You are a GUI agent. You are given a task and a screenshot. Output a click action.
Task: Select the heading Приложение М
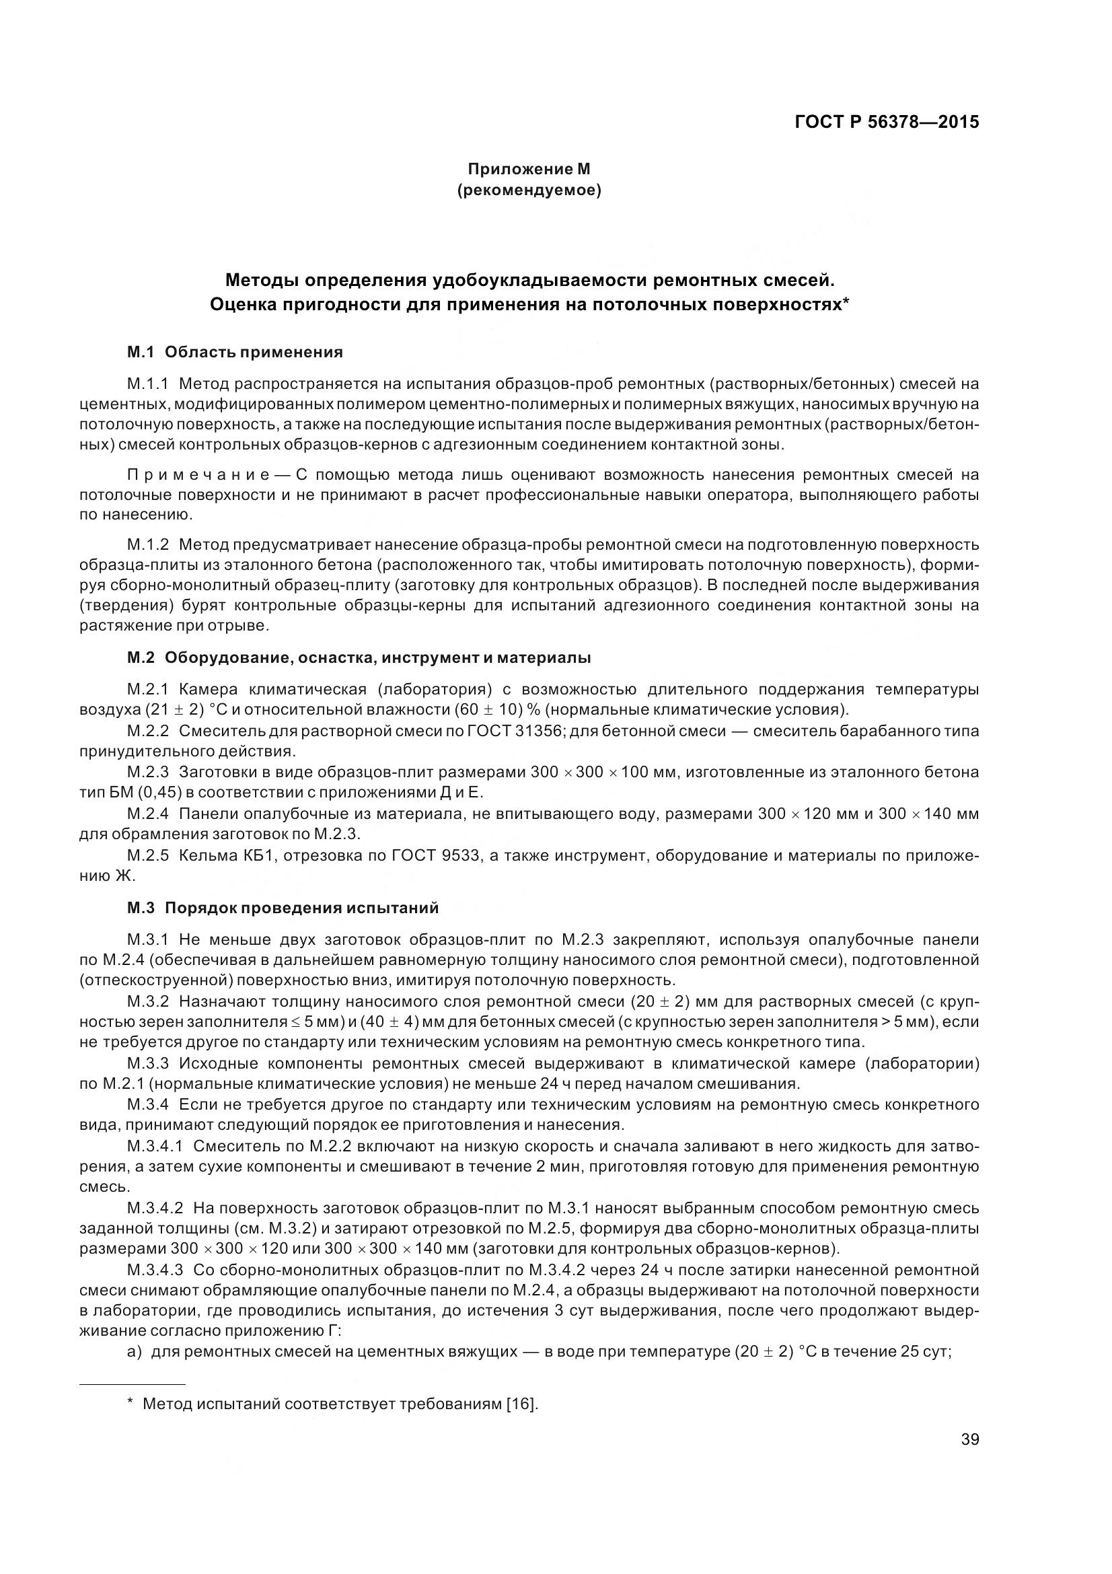528,169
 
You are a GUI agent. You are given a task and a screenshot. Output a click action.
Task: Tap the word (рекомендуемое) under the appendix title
528,190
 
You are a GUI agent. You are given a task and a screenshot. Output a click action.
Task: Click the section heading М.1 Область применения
234,353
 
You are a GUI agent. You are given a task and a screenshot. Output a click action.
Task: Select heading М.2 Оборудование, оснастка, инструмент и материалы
359,658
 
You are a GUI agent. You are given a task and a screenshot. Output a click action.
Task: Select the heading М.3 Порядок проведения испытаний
283,908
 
